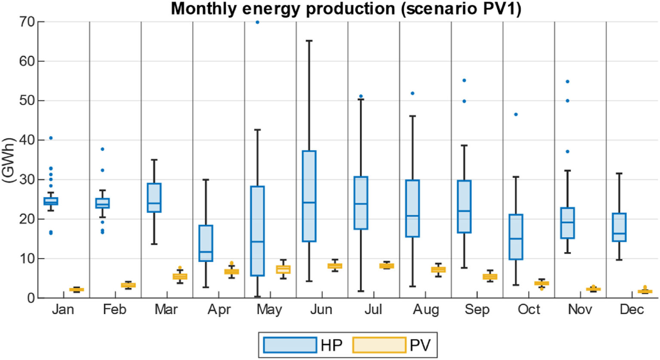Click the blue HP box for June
(x=309, y=196)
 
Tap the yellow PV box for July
(x=386, y=266)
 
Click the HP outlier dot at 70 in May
(x=257, y=22)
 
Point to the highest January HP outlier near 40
(x=51, y=138)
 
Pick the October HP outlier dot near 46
(x=516, y=114)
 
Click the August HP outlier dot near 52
(x=412, y=93)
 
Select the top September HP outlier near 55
(x=464, y=80)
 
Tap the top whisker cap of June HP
(x=309, y=41)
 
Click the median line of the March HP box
(x=154, y=203)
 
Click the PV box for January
(x=76, y=290)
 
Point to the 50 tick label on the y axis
(x=28, y=101)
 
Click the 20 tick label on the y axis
(x=28, y=219)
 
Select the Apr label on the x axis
(x=219, y=310)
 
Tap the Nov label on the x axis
(x=580, y=310)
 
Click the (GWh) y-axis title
(x=9, y=160)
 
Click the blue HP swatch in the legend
(x=290, y=345)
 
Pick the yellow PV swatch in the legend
(x=379, y=345)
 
